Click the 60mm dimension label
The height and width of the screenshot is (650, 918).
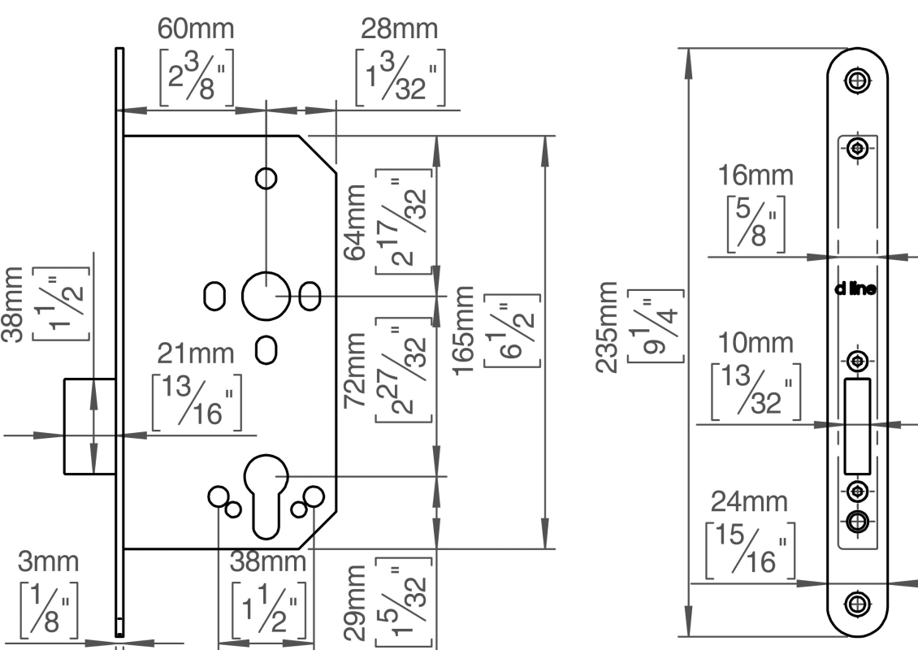coord(196,30)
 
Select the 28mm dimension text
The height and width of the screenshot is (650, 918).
coord(400,30)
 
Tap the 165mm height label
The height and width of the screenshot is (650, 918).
coord(464,330)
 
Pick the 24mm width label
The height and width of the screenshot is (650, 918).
coord(749,502)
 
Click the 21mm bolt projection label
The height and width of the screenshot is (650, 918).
coord(195,353)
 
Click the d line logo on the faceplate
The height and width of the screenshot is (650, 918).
coord(855,288)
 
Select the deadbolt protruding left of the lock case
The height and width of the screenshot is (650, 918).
coord(89,425)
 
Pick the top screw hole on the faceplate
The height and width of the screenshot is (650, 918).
coord(855,79)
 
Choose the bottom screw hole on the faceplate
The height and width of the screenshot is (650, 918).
coord(855,603)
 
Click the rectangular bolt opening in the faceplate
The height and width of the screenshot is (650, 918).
coord(856,426)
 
